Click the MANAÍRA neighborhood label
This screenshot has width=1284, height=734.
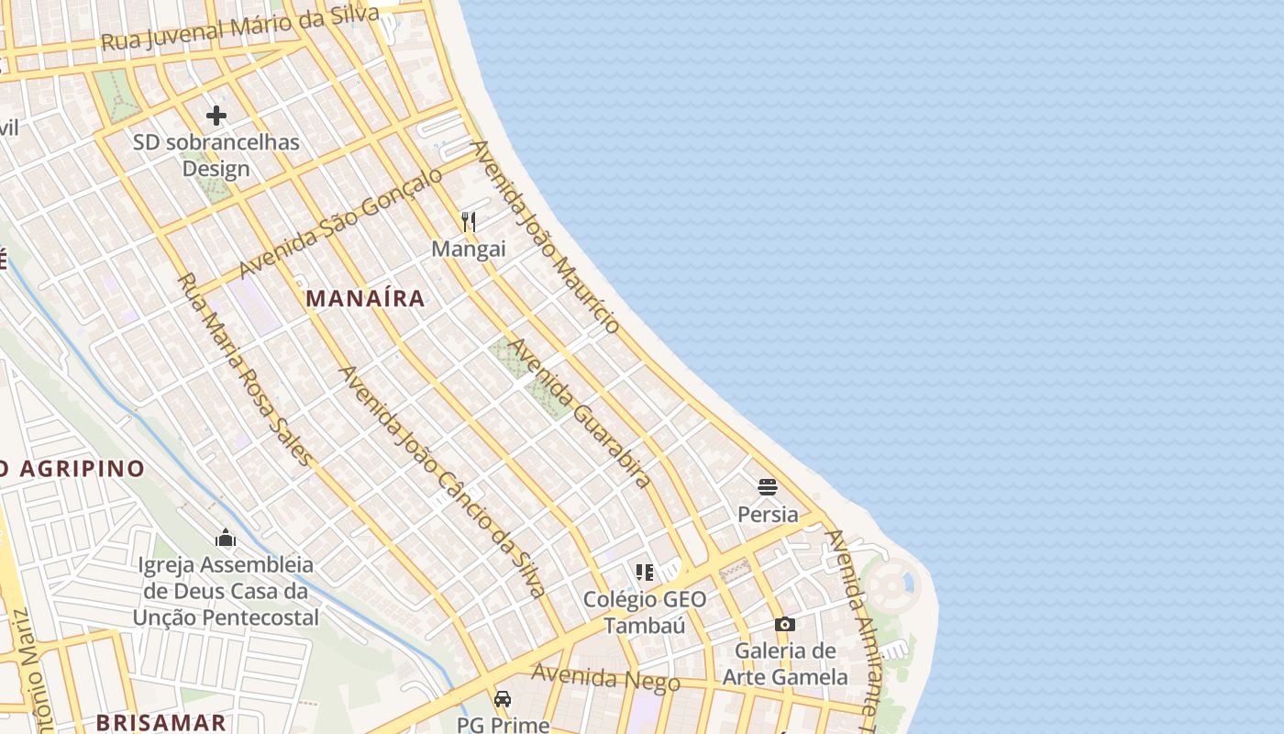[365, 298]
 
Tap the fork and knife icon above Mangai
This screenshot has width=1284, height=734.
[469, 221]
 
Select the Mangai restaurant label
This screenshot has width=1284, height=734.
[469, 249]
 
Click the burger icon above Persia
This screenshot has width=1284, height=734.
[768, 487]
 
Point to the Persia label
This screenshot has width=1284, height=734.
[768, 514]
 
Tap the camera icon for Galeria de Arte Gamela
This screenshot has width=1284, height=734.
[784, 625]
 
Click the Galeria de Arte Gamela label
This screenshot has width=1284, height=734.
[785, 664]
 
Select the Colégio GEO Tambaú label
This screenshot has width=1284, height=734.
[646, 612]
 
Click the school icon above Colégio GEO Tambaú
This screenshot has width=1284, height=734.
[645, 573]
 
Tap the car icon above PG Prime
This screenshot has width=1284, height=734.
[503, 699]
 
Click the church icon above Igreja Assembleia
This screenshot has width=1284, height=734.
[226, 538]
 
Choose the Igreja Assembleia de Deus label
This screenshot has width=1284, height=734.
[226, 591]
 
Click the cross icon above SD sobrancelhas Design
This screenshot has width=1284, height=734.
[216, 116]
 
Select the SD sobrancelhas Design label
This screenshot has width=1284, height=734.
[216, 155]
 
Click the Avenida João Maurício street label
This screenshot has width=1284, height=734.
[546, 237]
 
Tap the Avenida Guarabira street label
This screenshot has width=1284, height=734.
[581, 414]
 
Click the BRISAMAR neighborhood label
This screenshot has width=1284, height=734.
[161, 722]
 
